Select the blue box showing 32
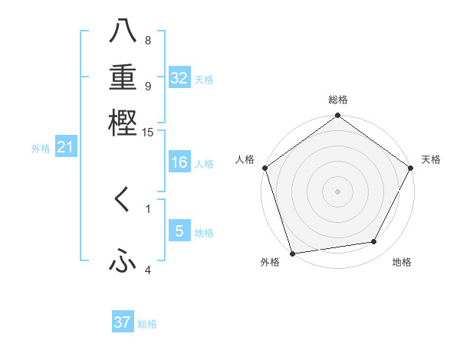(179, 78)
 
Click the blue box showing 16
(179, 162)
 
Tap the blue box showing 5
(179, 231)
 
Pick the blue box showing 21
(65, 148)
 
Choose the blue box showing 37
(123, 322)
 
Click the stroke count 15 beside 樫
(148, 132)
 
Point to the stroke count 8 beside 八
(148, 41)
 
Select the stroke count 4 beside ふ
(148, 270)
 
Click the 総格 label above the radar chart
(337, 100)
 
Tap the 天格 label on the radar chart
(431, 159)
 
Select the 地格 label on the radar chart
(402, 263)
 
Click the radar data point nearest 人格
(264, 168)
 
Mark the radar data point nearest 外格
(292, 254)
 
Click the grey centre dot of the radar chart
(337, 191)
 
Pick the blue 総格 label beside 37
(147, 324)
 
